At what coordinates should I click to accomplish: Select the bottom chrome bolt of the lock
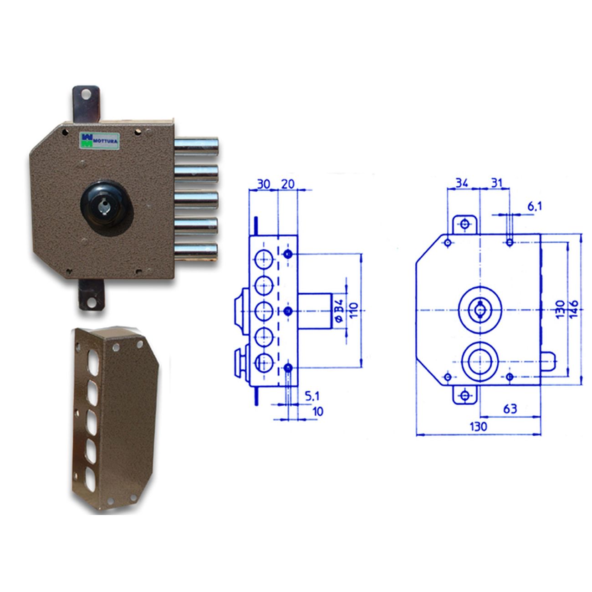point(196,251)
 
